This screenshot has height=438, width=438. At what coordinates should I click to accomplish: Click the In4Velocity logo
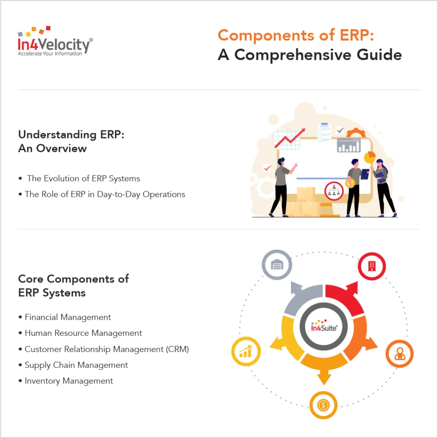[x=55, y=41]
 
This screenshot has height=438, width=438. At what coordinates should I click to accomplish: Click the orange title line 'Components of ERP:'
[x=296, y=36]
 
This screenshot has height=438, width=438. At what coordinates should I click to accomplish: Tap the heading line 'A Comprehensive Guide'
[x=310, y=55]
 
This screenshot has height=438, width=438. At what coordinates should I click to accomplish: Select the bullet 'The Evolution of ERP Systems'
[x=83, y=178]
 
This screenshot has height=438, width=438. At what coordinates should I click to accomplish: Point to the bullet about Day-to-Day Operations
[x=105, y=194]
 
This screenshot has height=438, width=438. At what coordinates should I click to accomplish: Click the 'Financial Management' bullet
[x=68, y=317]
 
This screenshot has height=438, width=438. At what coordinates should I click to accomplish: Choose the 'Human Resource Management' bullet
[x=83, y=333]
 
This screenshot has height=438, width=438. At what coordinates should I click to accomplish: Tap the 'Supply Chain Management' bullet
[x=76, y=365]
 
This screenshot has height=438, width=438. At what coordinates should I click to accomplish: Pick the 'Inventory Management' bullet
[x=68, y=381]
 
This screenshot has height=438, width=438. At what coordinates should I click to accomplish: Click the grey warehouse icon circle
[x=277, y=265]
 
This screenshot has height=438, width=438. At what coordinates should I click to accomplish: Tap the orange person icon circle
[x=399, y=354]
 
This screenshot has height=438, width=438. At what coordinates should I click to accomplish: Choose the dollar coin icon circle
[x=323, y=405]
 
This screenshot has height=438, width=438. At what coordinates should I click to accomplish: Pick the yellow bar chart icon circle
[x=246, y=352]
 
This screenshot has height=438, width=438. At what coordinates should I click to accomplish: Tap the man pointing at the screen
[x=281, y=186]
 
